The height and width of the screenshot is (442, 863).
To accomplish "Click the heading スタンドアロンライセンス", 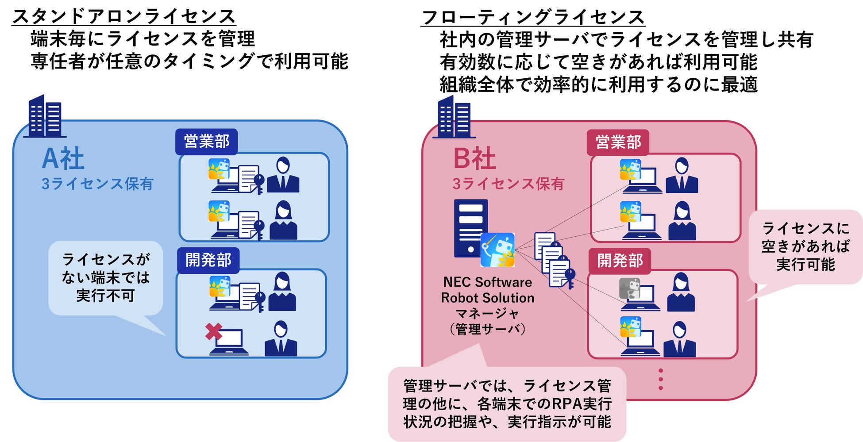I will (123, 16).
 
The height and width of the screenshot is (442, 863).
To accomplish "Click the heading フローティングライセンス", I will (533, 17).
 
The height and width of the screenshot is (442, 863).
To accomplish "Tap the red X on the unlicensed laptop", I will (213, 332).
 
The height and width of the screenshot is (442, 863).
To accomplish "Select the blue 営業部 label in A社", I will (207, 142).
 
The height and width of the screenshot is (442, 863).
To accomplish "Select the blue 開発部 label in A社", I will (208, 260).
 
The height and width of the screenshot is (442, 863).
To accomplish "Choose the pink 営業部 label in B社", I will (618, 142).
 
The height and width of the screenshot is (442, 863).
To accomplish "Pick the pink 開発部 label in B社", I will (619, 261).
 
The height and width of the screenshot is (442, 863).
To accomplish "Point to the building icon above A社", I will (45, 116).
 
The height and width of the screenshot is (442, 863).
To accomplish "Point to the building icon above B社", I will (454, 117).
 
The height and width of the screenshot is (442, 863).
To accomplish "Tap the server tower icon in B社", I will (470, 228).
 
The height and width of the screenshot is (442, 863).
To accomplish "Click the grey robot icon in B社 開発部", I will (629, 288).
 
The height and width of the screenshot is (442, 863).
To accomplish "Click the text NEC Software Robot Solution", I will (487, 290).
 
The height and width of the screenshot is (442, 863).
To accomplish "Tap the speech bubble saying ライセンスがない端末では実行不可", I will (105, 277).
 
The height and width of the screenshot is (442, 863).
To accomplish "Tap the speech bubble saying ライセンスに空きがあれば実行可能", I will (805, 246).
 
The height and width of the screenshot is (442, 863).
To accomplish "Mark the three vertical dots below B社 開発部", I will (661, 379).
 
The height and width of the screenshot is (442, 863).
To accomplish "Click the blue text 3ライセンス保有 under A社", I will (97, 184).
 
